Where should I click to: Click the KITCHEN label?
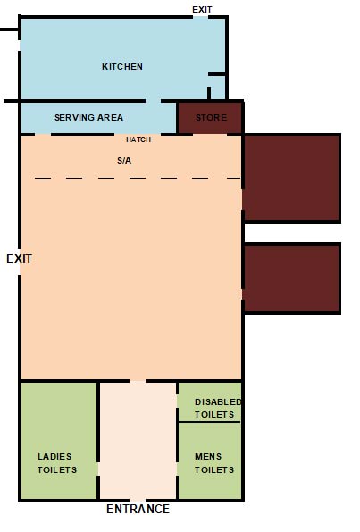pos(122,67)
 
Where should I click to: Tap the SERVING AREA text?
pos(88,118)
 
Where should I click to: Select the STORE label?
pos(212,118)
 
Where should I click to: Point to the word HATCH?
pos(138,140)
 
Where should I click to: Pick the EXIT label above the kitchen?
pos(203,10)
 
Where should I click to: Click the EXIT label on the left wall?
pos(19,258)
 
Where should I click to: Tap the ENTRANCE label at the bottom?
pos(138,510)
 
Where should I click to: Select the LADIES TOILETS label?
pos(56,463)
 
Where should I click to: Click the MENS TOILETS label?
pos(214,463)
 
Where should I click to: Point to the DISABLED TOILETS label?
pos(218,408)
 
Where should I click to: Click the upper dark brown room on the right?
pos(291,178)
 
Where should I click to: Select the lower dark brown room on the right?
pos(291,278)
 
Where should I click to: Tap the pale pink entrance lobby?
pos(138,438)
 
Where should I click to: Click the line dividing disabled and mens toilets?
pos(209,422)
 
